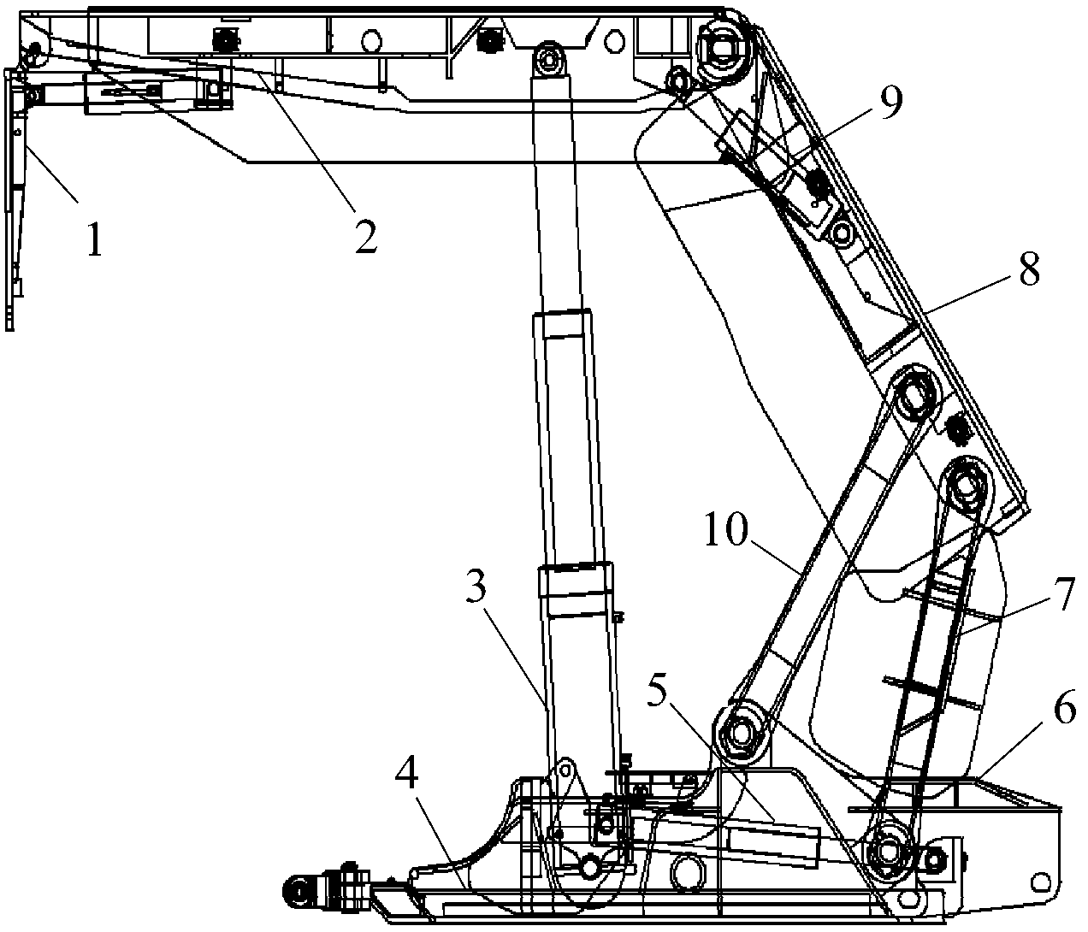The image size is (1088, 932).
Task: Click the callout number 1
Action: tap(95, 239)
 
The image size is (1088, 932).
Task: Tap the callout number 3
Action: tap(476, 587)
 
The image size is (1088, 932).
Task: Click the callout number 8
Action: tap(1029, 268)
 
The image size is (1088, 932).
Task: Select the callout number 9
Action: tap(890, 102)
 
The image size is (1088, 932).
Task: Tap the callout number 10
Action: tap(725, 529)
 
